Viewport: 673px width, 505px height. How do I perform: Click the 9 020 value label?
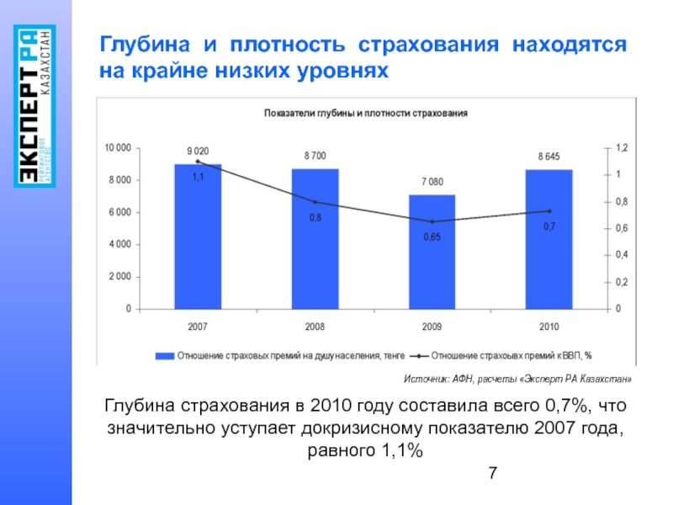coord(198,151)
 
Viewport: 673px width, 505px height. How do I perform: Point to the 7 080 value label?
coord(432,182)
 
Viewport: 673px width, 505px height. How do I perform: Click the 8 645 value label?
coord(548,157)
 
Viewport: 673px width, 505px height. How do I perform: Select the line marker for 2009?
coord(432,222)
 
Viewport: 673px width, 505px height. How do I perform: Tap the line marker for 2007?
coord(198,161)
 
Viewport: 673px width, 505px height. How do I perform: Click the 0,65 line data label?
coord(432,237)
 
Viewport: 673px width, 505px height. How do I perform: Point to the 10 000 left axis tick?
coord(118,148)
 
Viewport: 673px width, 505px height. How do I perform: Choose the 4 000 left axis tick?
coord(120,244)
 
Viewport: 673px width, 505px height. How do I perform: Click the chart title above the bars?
coord(366,112)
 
